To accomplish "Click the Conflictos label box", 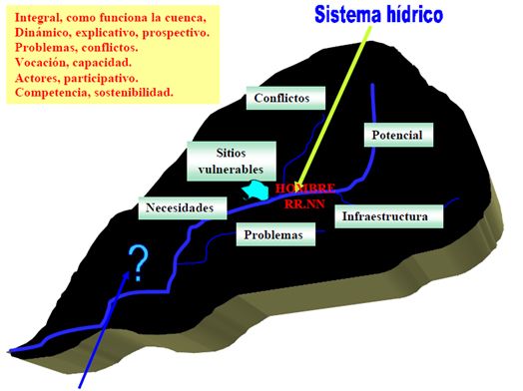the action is (x=285, y=98).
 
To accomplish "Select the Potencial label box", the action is (x=398, y=135).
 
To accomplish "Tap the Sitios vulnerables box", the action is (x=232, y=162).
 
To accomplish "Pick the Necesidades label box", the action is (x=183, y=208).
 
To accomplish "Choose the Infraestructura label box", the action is (x=389, y=216).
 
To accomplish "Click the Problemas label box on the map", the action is (x=275, y=234).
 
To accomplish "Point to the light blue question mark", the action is (x=139, y=263).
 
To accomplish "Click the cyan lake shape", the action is (x=257, y=191).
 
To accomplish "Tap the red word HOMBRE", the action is (x=305, y=189).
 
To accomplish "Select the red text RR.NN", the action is (x=304, y=204).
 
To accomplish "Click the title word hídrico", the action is (x=415, y=15).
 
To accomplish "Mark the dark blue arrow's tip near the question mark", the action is (x=128, y=271).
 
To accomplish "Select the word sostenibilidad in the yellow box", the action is (x=134, y=93).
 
